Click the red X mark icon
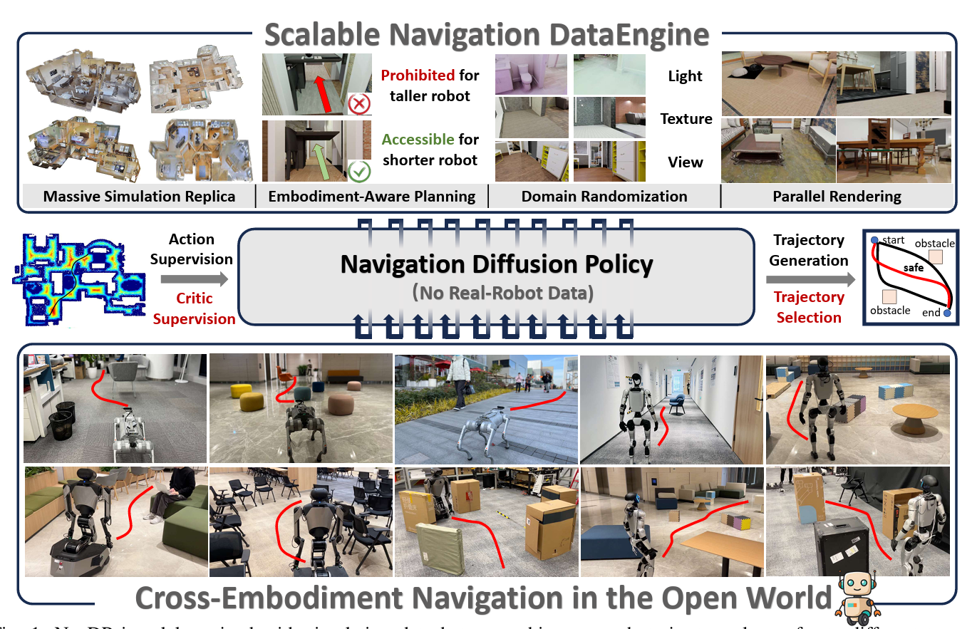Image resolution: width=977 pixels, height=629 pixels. coord(358,105)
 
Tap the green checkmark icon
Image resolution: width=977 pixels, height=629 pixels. coord(358,172)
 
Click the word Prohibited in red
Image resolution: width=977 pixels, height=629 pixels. coord(417,75)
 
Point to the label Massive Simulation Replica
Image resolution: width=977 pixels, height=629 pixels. coord(139,196)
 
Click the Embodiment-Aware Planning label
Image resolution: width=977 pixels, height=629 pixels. coord(371,196)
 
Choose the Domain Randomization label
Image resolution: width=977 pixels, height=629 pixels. coord(604,196)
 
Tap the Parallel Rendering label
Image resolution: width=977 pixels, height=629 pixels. coord(837,196)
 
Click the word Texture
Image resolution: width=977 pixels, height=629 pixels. coord(686,119)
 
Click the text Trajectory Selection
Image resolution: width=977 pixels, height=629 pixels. coord(809,307)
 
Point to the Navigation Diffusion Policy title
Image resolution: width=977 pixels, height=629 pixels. coord(497,265)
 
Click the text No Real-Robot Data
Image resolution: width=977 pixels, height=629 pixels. coord(497,293)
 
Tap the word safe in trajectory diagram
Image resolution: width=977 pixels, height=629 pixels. coord(913,268)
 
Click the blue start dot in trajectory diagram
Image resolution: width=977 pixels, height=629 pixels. coord(874,239)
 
